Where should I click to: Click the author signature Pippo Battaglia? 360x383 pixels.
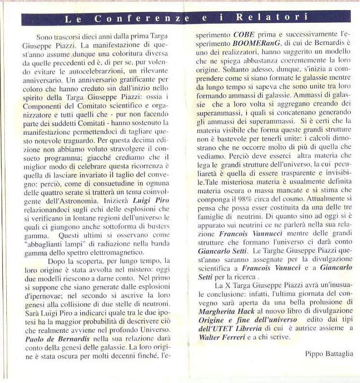pos(329,354)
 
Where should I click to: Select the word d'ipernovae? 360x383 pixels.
pos(43,296)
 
